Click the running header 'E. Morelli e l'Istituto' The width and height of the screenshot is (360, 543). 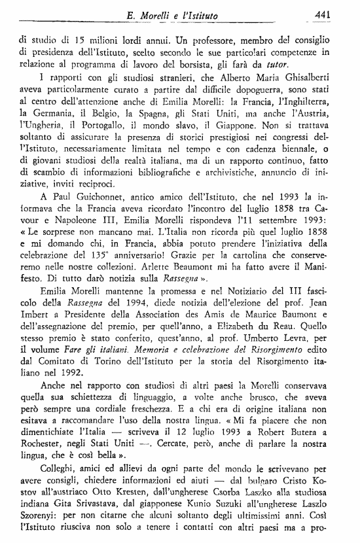(x=181, y=14)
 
